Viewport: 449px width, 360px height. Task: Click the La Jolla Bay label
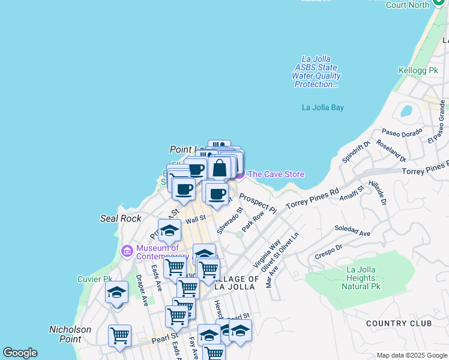click(323, 108)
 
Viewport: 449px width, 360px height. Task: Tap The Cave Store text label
click(276, 175)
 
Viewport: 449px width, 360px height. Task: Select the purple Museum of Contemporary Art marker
click(127, 251)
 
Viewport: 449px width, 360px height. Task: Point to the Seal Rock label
click(121, 218)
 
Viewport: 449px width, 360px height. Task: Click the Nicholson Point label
click(70, 334)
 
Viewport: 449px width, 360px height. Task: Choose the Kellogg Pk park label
click(418, 71)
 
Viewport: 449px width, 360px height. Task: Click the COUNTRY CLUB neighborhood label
click(399, 323)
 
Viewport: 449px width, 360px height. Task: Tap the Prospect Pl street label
click(258, 203)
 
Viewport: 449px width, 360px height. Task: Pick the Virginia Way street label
click(267, 253)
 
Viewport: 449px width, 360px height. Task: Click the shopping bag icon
click(220, 167)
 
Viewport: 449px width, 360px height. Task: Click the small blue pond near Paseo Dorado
click(406, 112)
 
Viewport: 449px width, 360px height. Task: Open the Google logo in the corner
click(20, 353)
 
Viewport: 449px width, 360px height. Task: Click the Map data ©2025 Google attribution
click(411, 355)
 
